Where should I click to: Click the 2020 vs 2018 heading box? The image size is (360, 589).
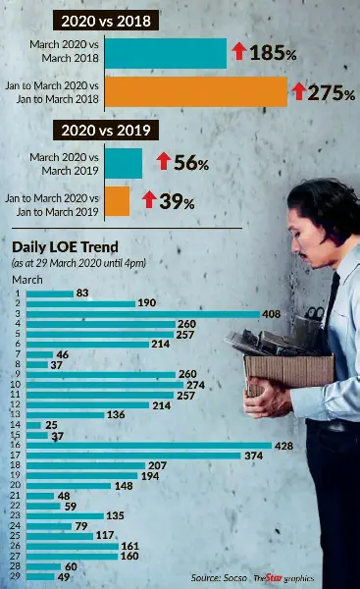coord(106,21)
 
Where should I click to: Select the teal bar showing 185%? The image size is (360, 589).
coord(166,53)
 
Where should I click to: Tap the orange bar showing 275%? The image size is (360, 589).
coord(196,92)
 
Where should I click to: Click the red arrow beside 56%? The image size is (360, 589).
coord(163,161)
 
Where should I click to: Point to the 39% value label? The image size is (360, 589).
coord(177,201)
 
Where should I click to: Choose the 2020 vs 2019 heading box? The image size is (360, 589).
coord(106,131)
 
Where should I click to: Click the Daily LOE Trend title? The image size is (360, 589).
coord(65,247)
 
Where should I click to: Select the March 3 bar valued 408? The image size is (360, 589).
coord(143,314)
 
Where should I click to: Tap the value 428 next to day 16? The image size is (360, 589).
coord(283,446)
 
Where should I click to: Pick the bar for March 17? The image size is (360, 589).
coord(133,455)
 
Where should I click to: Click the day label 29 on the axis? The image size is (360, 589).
coord(16,576)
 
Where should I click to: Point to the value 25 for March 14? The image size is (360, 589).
coord(51,425)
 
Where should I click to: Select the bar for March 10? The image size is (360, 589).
coord(105,385)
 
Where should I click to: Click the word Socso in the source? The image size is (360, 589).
coord(235,578)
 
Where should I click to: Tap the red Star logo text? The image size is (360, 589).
coord(274,578)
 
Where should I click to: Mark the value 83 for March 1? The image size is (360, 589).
coord(82,293)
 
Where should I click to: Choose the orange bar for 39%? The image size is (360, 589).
coord(117,201)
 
